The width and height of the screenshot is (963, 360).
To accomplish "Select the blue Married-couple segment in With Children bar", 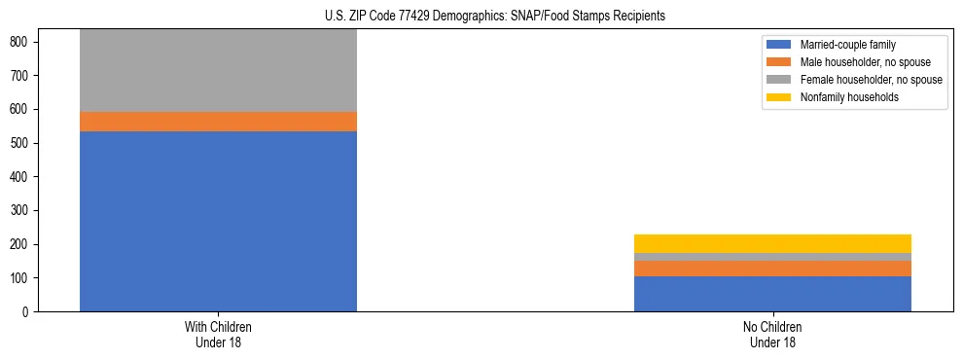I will (218, 221).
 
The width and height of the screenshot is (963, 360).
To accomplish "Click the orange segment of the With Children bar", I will (218, 122).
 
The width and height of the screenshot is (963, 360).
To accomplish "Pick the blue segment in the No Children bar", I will (772, 294).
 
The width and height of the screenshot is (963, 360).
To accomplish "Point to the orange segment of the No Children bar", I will (772, 269).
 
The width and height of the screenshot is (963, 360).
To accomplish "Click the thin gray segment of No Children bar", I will (772, 257).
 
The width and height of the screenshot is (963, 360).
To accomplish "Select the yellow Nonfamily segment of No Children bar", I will (772, 243).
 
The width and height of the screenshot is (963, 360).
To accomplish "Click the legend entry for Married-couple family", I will (847, 45).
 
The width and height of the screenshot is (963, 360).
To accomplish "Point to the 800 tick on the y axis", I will (21, 42).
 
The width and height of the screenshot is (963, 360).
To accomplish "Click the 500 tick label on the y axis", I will (21, 143).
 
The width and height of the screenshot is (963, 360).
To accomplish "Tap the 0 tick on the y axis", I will (27, 312).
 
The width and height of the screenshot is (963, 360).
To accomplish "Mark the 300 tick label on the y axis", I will (21, 211).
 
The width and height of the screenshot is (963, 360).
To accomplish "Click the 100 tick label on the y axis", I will (21, 278).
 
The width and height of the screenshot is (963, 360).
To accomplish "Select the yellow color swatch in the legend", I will (779, 97).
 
